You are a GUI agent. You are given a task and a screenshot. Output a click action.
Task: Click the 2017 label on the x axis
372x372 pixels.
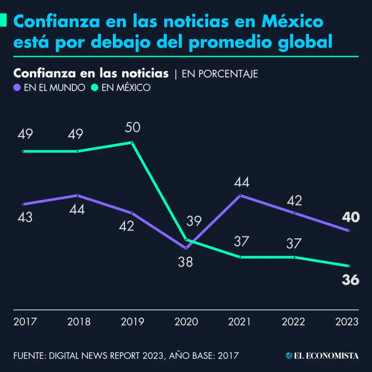[x=25, y=322]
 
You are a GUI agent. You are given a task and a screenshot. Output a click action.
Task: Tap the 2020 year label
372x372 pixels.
[x=186, y=322]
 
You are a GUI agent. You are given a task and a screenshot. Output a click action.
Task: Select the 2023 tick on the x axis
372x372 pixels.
[x=347, y=322]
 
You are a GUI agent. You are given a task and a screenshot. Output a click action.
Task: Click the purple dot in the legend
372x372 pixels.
[x=17, y=88]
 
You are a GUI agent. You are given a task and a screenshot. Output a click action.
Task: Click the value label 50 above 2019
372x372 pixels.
[x=132, y=127]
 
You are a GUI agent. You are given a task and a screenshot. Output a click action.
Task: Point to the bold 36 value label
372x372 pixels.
[x=350, y=280]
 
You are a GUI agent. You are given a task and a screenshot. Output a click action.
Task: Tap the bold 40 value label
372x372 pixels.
[x=350, y=217]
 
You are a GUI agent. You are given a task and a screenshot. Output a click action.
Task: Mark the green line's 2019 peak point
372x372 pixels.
[x=132, y=142]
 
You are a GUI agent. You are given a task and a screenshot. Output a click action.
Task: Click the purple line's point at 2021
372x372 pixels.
[x=240, y=196]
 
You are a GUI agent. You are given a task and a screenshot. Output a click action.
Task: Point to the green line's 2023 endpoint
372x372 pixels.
[x=349, y=266]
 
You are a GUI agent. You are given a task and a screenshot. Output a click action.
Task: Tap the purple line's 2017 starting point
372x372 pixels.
[x=23, y=204]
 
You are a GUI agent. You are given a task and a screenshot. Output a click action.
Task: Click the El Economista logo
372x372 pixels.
[x=322, y=356]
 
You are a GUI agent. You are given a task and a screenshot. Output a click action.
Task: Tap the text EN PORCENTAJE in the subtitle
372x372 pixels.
[x=219, y=74]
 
